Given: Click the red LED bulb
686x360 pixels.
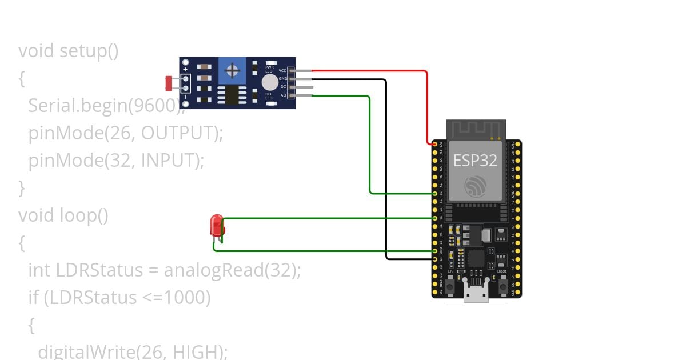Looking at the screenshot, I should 217,226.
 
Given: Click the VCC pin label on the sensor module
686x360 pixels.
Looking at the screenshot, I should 282,70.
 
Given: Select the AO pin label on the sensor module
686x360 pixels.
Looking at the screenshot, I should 283,95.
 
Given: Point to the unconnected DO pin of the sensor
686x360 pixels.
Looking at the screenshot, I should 303,87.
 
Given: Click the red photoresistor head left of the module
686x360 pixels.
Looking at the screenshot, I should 169,83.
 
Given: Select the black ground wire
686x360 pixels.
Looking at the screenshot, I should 386,171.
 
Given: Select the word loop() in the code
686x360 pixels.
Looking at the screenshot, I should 84,215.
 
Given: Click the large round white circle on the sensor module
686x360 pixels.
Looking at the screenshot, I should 270,83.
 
